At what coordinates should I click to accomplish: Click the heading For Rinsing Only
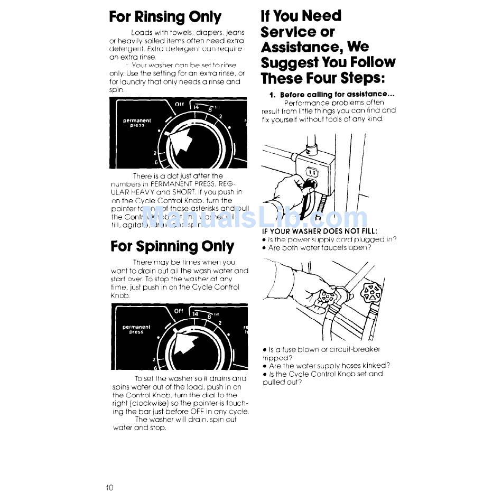165,17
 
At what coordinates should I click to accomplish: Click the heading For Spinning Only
172,247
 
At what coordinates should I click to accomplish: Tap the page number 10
109,487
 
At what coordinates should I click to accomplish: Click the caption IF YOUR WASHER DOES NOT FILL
320,231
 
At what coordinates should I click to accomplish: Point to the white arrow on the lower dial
182,344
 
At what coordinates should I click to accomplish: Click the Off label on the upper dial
179,104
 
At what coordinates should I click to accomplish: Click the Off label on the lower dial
179,311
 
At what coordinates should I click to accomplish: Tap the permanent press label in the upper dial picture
137,123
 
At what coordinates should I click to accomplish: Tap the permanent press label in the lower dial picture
136,329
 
